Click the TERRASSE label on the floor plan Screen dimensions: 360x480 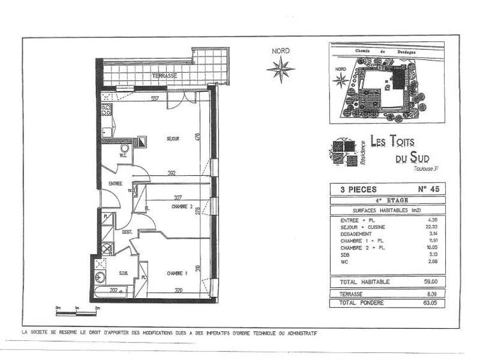click(x=164, y=76)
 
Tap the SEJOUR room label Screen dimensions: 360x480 click(x=173, y=139)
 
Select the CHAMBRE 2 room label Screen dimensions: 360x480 click(x=180, y=207)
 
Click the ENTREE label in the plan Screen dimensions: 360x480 click(x=115, y=184)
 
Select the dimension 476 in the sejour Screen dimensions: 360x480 click(x=196, y=137)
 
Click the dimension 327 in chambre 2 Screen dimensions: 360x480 click(x=178, y=197)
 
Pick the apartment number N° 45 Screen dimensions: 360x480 click(x=425, y=189)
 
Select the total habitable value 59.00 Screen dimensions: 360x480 click(x=432, y=281)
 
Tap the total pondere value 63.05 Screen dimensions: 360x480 click(x=432, y=304)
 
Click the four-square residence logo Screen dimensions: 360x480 click(x=343, y=150)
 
